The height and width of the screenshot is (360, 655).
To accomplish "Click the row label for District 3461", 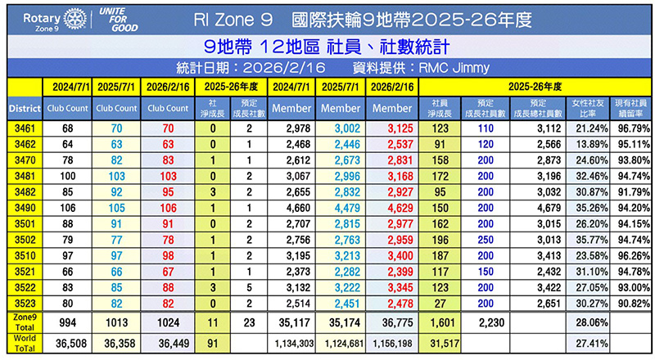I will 20,128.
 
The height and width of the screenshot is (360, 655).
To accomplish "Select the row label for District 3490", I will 20,207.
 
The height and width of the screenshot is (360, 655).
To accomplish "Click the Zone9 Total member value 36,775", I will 391,322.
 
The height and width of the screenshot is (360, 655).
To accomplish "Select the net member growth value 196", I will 440,239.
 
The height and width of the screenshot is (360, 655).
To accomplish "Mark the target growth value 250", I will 486,239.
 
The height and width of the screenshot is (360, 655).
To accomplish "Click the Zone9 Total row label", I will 20,322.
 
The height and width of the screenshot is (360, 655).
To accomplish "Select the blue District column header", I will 20,107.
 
